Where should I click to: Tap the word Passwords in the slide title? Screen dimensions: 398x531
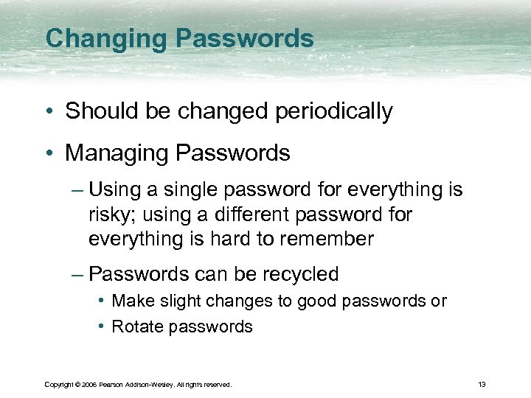coord(243,38)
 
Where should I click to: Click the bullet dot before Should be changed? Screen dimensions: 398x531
coord(49,111)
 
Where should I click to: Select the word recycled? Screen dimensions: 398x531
coord(298,274)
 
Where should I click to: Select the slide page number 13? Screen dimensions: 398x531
coord(482,385)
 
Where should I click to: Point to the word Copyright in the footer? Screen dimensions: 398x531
coord(59,385)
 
